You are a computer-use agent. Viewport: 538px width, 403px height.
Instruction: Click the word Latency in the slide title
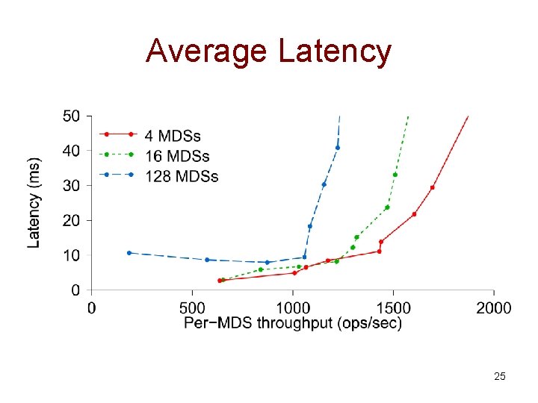pos(334,51)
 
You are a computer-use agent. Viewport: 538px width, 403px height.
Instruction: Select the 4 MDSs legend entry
pos(173,136)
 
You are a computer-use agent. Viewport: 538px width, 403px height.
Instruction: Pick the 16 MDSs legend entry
pos(177,156)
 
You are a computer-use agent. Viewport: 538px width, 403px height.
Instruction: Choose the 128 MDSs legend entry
pos(182,176)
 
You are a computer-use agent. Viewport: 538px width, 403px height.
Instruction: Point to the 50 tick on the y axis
pos(72,116)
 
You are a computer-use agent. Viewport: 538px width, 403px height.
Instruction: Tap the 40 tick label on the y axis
pos(72,151)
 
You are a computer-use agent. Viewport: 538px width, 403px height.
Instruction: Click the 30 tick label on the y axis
pos(72,185)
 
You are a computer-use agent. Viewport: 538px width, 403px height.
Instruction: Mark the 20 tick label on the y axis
pos(72,220)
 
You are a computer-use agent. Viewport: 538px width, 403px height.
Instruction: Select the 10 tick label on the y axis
pos(72,255)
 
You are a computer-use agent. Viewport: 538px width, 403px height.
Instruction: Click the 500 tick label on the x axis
pos(193,307)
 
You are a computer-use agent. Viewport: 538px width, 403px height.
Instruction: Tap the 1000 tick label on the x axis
pos(293,307)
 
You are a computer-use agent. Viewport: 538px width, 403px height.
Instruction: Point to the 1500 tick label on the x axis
pos(393,307)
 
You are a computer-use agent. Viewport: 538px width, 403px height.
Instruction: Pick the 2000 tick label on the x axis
pos(494,307)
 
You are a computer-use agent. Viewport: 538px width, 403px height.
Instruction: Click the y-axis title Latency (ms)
pos(34,202)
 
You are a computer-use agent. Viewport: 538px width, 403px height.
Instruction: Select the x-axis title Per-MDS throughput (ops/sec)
pos(293,323)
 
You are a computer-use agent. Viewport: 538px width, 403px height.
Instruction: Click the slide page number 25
pos(500,376)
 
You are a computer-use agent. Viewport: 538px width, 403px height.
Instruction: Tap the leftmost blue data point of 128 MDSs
pos(129,253)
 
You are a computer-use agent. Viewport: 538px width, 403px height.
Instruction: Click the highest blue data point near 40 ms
pos(338,148)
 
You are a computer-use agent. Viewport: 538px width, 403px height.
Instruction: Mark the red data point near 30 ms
pos(432,187)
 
